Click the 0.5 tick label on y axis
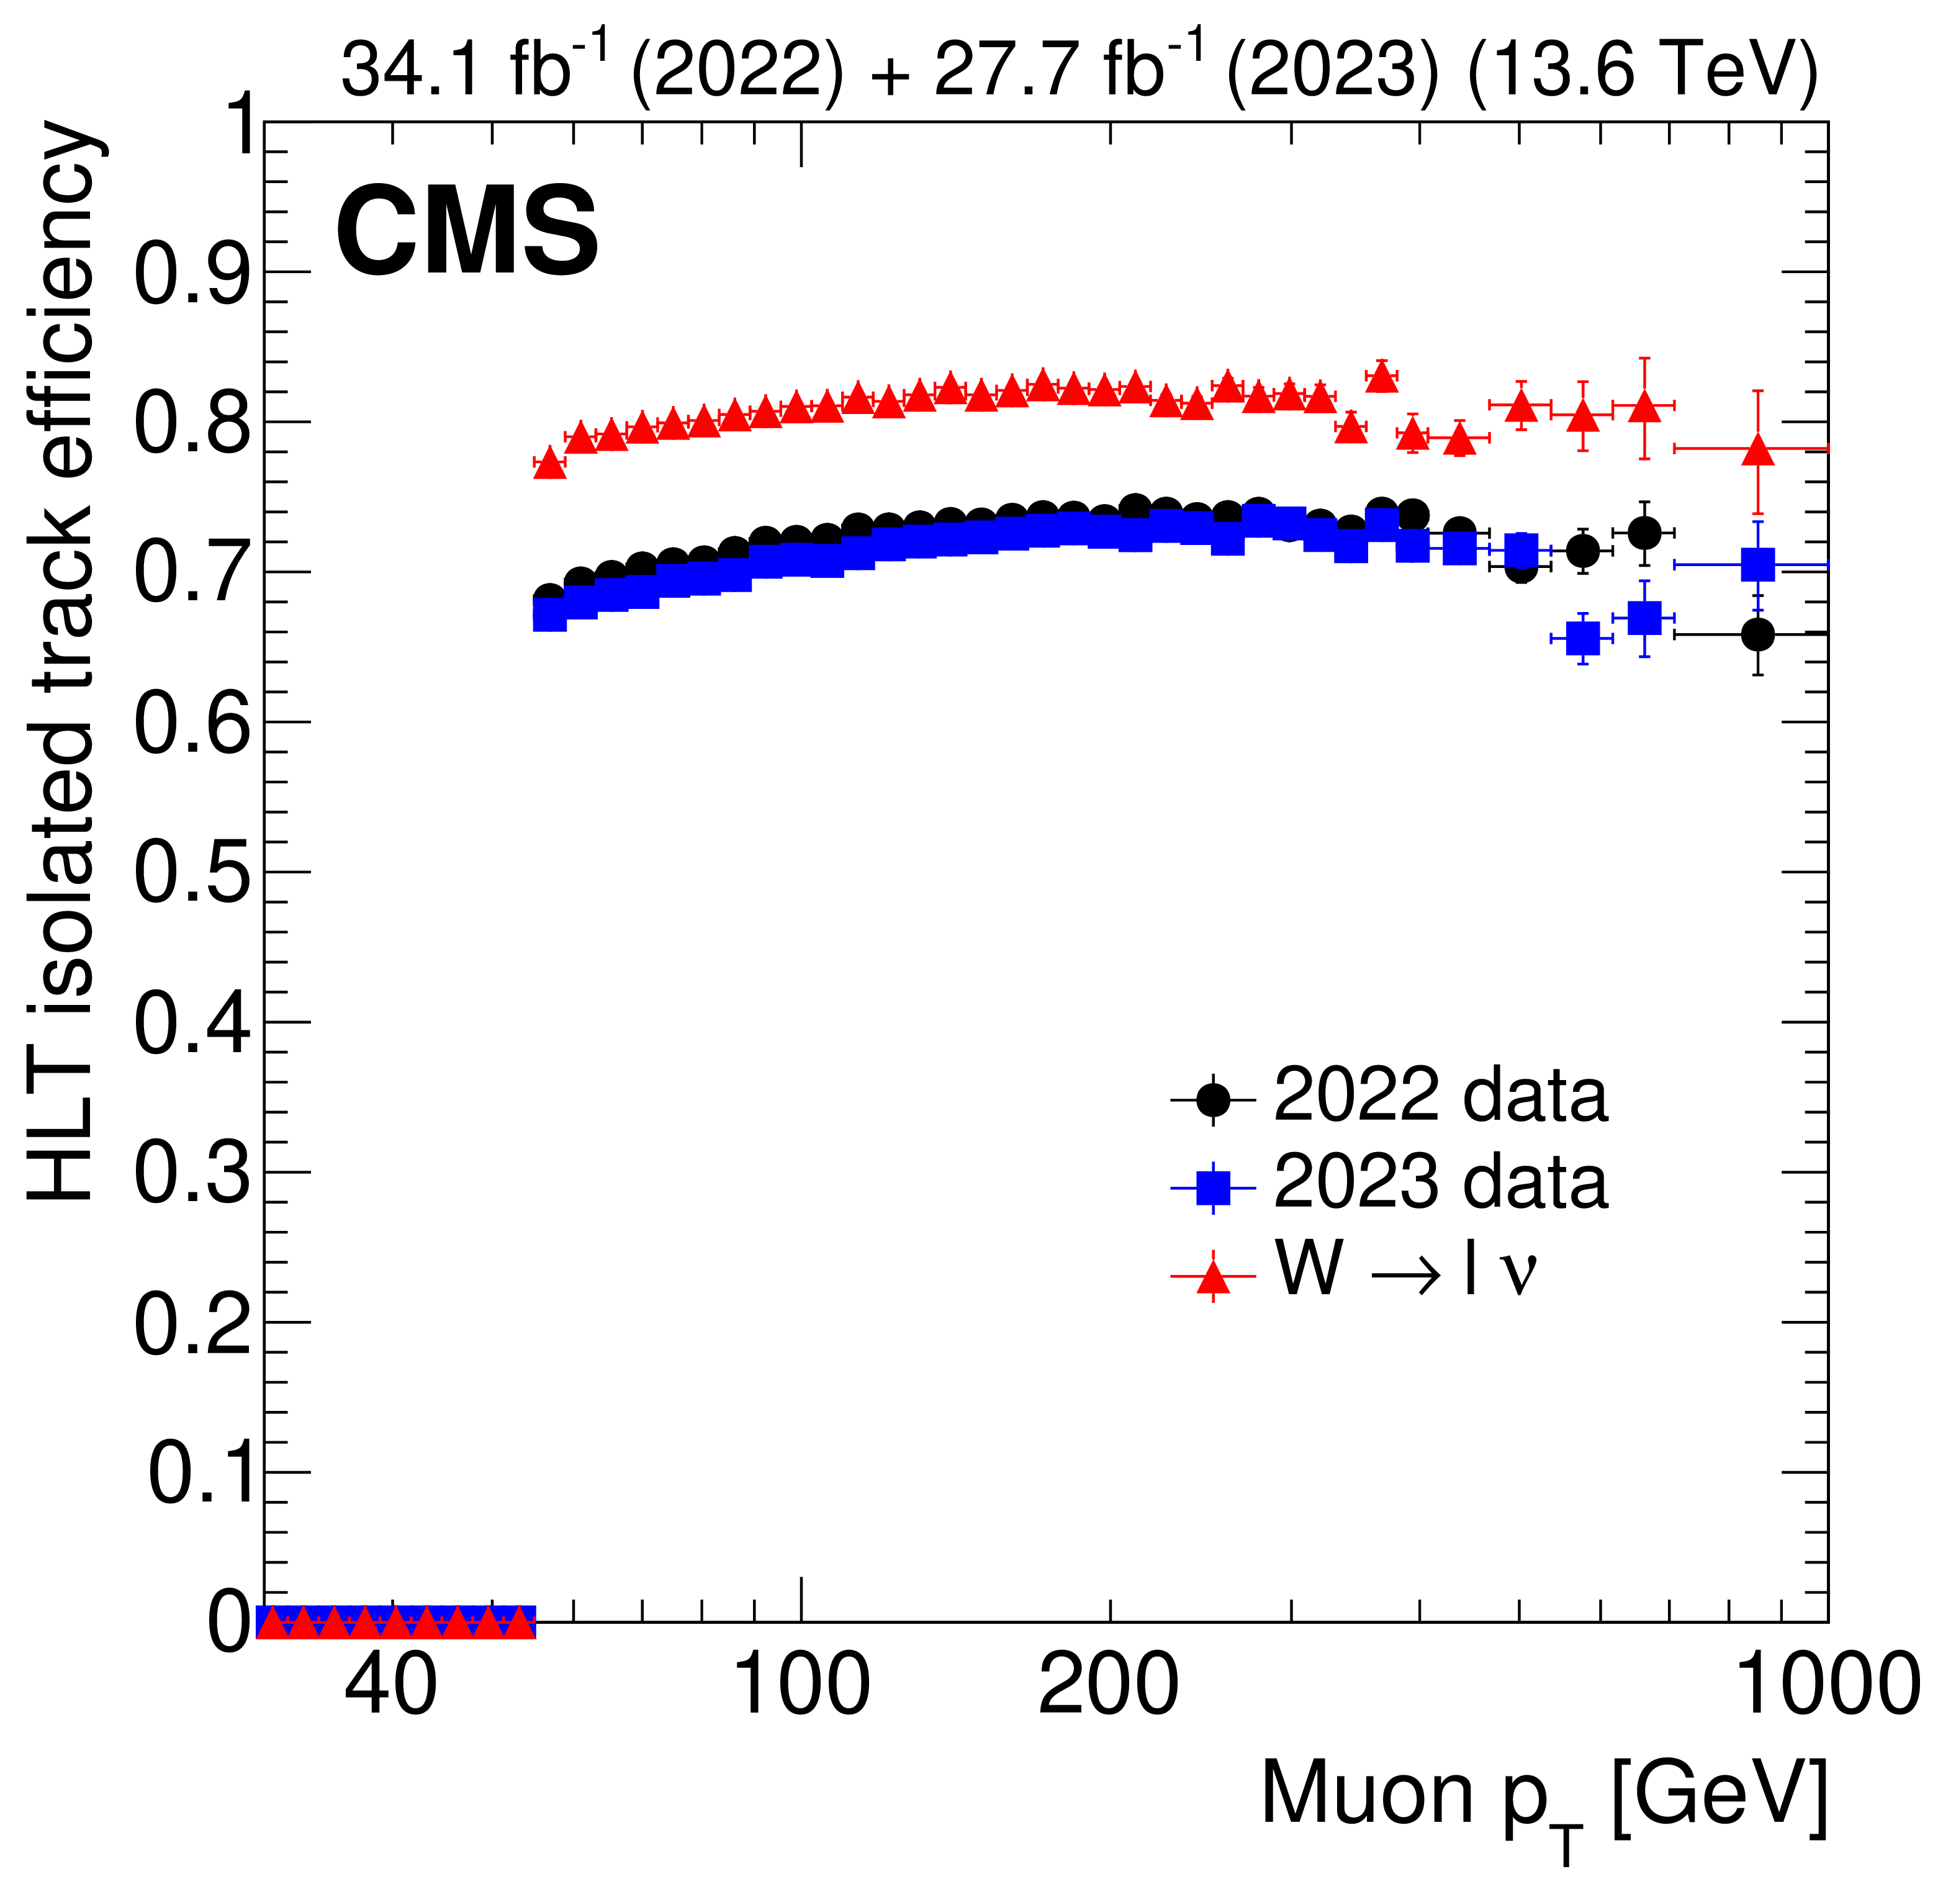pos(192,874)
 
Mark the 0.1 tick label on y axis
pos(200,1474)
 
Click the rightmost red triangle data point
pos(1759,452)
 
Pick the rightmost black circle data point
pos(1759,634)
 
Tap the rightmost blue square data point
pos(1759,565)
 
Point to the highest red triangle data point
pos(1381,377)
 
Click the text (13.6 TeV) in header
pos(1643,70)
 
